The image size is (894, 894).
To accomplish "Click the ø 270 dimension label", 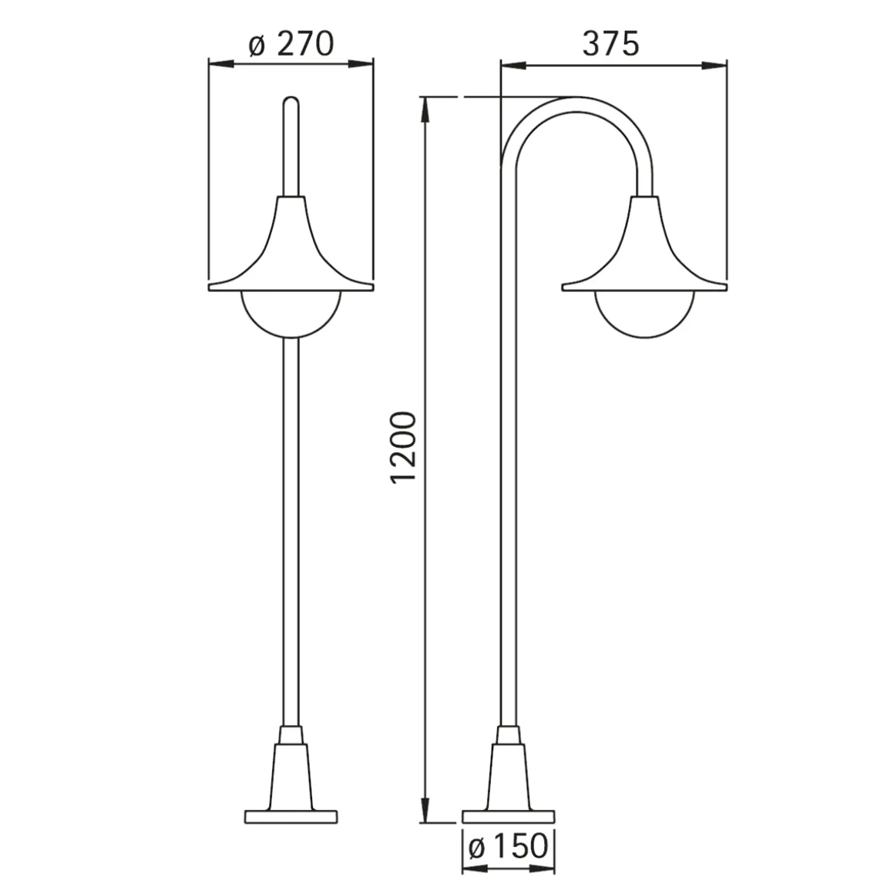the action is click(x=291, y=44).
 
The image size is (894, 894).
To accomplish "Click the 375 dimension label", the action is click(x=610, y=44).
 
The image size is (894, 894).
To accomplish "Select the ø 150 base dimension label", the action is click(x=507, y=846).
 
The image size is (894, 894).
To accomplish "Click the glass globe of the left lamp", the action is click(x=291, y=328).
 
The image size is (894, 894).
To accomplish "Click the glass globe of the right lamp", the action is click(x=644, y=328).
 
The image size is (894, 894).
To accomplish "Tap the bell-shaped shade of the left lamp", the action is click(x=291, y=251).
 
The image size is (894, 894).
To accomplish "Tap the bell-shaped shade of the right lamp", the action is click(x=644, y=251).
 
